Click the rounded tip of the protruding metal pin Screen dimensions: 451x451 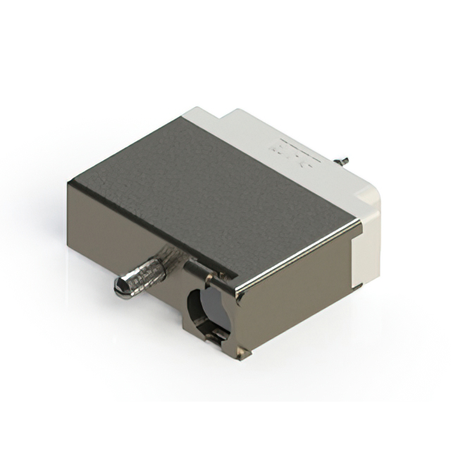(x=119, y=288)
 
